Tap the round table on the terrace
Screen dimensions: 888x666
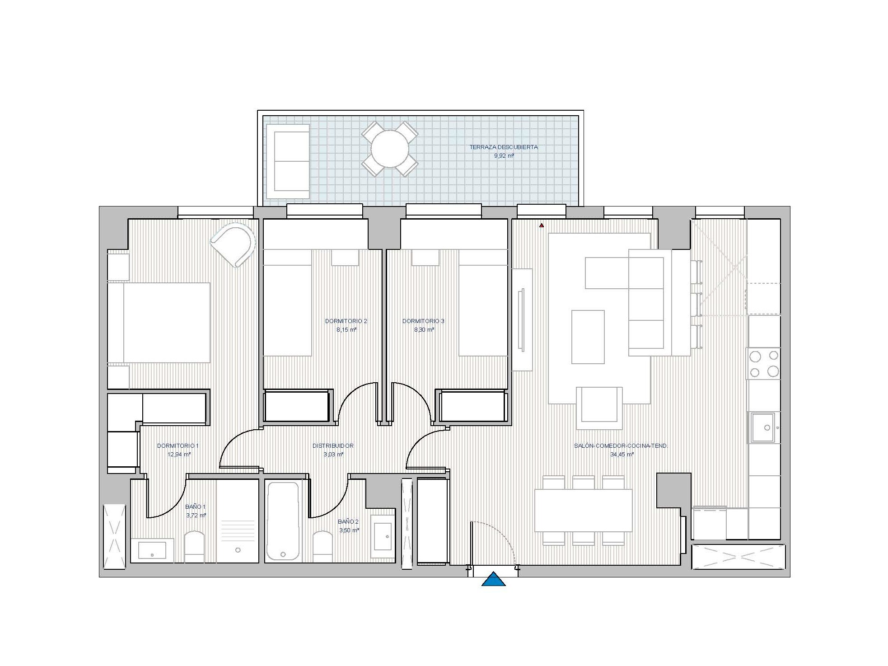(389, 149)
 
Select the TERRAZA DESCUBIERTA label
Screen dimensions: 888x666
(503, 147)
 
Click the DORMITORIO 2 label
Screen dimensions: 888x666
(346, 321)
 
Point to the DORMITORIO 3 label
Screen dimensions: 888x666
(423, 321)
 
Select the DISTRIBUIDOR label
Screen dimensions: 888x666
(333, 446)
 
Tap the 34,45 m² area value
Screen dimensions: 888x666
(622, 455)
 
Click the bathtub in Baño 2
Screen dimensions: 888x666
(283, 521)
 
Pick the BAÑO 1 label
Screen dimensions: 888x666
(195, 507)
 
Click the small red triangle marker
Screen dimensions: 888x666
(541, 225)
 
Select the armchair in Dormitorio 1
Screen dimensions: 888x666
(233, 244)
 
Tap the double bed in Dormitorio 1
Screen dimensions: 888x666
(159, 323)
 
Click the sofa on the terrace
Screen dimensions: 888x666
(288, 161)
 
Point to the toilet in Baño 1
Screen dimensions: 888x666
(195, 547)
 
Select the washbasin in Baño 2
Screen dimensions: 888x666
(383, 536)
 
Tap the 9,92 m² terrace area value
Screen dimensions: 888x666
(504, 156)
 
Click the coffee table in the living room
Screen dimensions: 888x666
(588, 337)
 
